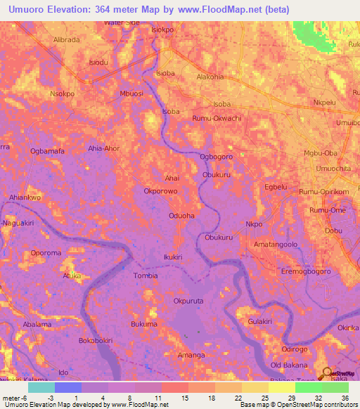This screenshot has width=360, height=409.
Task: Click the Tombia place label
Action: pos(146,276)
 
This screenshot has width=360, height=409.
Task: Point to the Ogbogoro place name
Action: pos(216,157)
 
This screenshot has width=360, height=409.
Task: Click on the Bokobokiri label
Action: pos(96,341)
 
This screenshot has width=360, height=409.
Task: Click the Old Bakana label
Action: pos(290,365)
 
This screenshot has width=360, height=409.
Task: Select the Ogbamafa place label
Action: pos(48,150)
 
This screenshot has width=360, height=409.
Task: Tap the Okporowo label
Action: pos(159,190)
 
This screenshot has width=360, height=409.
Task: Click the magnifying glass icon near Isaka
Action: pos(327,374)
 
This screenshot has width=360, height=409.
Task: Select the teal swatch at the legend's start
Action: pos(41,387)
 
